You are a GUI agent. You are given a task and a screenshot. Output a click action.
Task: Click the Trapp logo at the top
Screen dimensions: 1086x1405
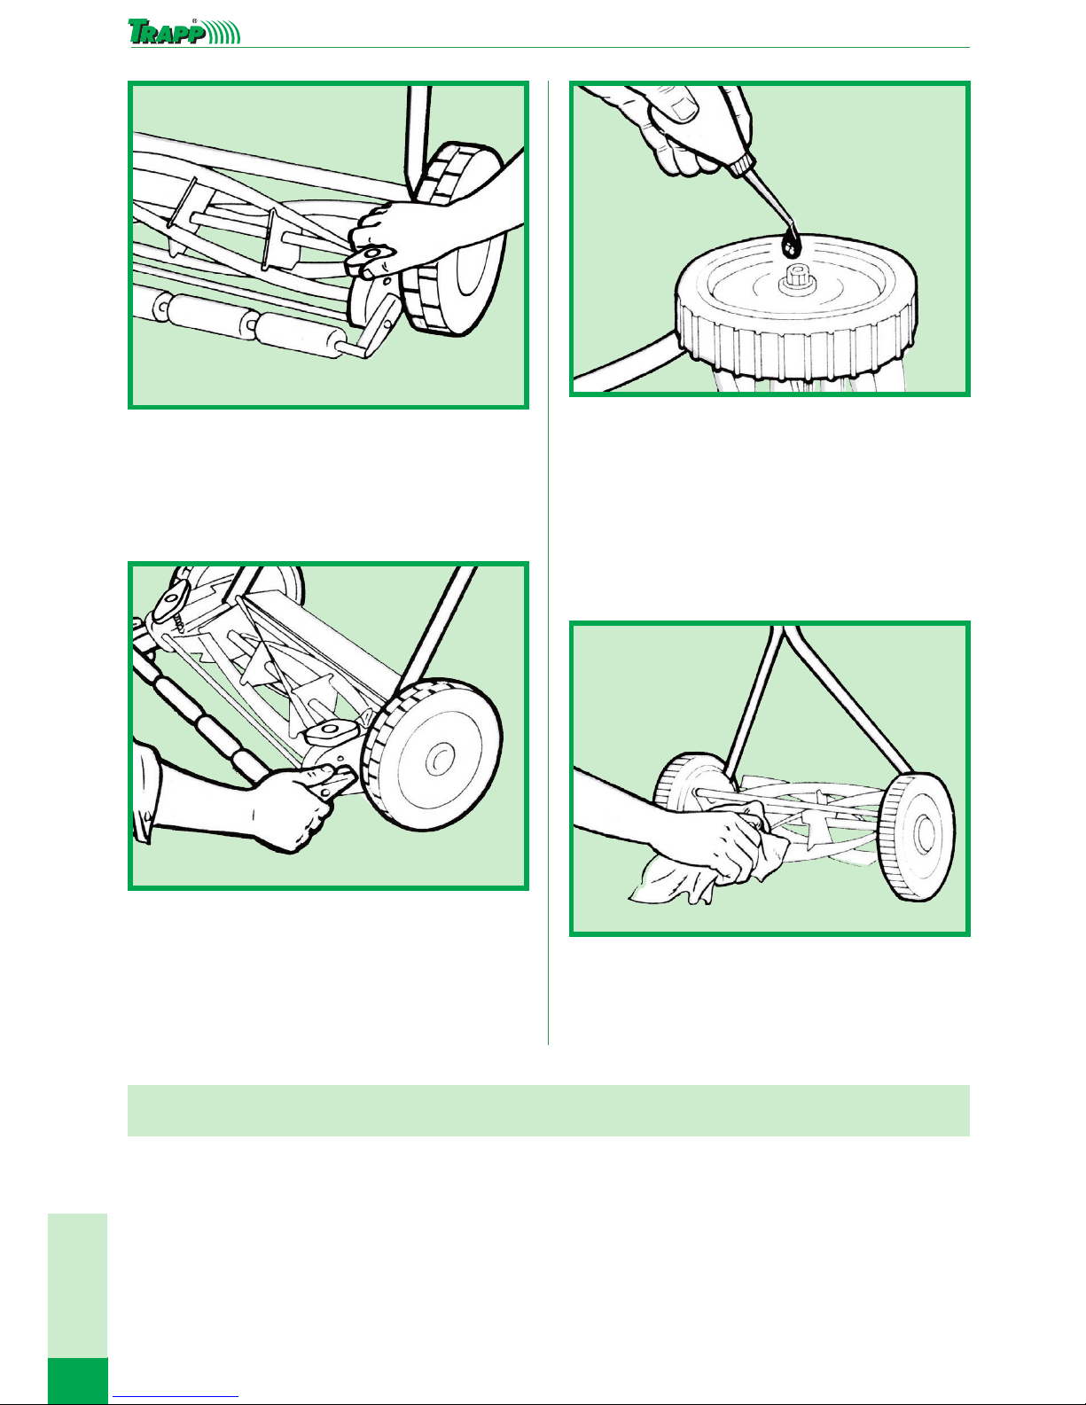click(x=184, y=32)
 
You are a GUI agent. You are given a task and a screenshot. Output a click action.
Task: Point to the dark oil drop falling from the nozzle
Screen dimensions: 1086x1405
click(x=790, y=244)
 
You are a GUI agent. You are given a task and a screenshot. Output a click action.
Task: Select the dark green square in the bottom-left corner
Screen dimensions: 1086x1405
click(x=78, y=1381)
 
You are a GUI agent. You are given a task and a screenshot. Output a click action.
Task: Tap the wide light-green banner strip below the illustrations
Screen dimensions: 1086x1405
click(x=548, y=1110)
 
